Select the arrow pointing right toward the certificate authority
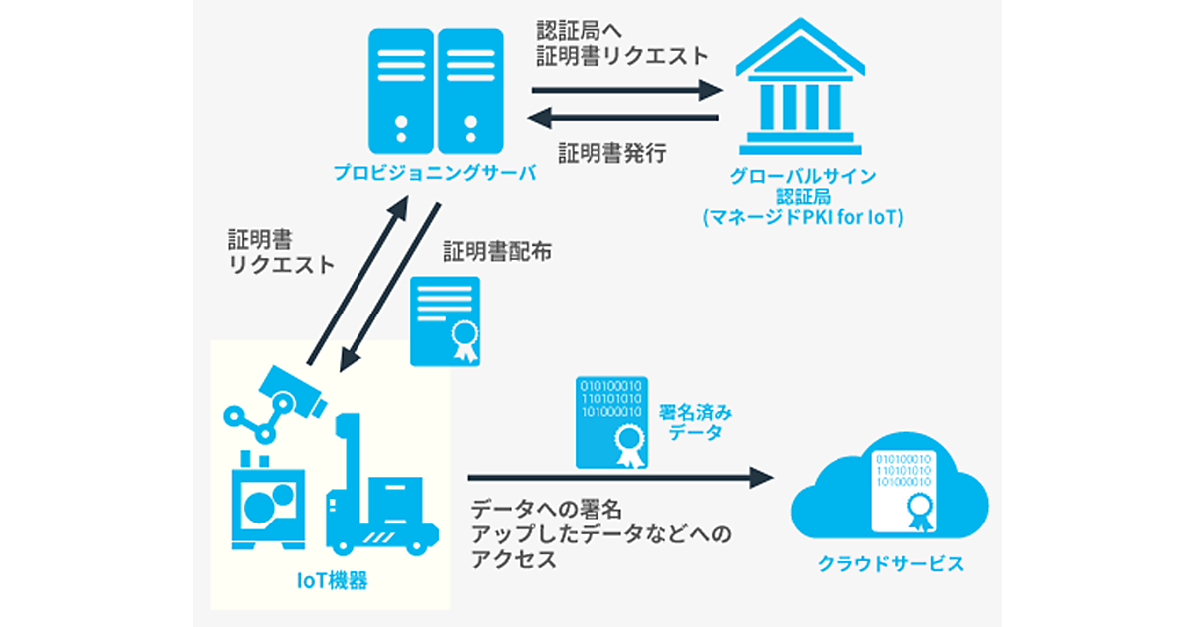coord(625,89)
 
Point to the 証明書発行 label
coord(612,154)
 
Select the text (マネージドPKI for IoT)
coord(803,214)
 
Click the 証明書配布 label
coord(498,251)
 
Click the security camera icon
coord(289,391)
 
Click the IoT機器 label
coord(333,580)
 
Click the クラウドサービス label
coord(890,564)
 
